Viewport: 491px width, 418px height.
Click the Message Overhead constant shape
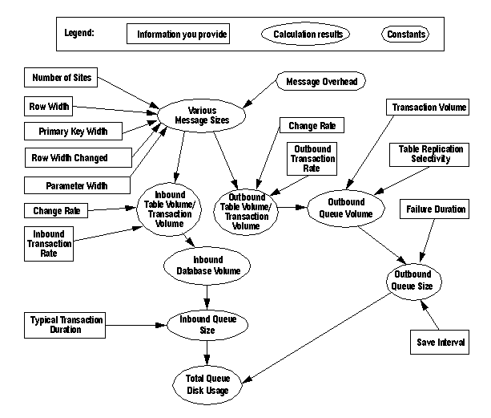pyautogui.click(x=321, y=81)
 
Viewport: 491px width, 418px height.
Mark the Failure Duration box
pyautogui.click(x=434, y=209)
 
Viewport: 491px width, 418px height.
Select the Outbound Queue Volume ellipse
pyautogui.click(x=347, y=208)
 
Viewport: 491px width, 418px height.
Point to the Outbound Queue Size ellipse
pyautogui.click(x=413, y=281)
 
